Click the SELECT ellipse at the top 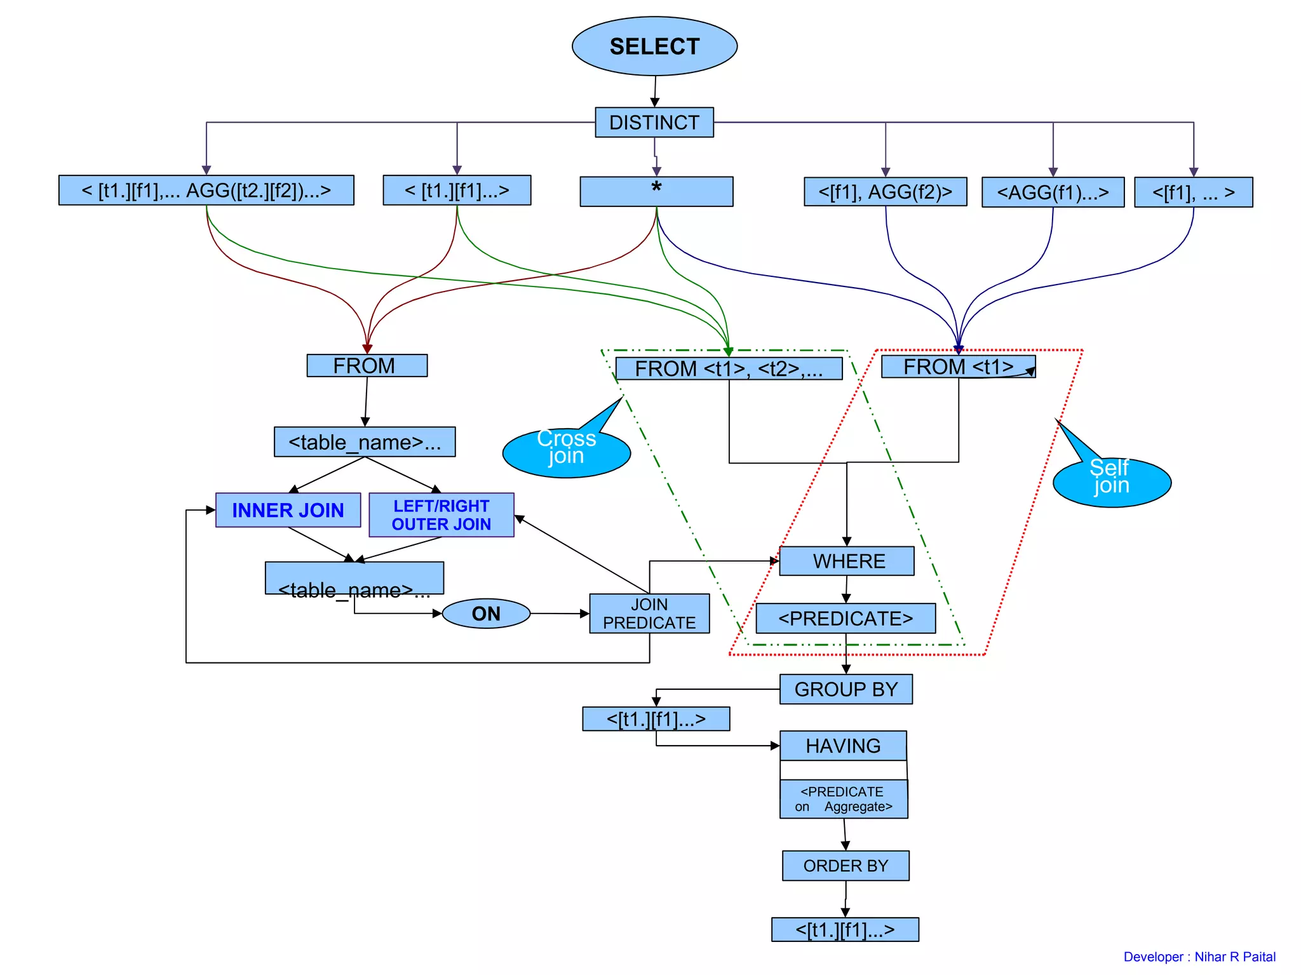tap(654, 46)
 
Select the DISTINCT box tap(654, 122)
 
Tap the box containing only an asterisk tap(656, 191)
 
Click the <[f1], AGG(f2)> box tap(885, 192)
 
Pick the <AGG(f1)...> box tap(1053, 192)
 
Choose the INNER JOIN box tap(288, 510)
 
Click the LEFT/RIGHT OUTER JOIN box tap(442, 515)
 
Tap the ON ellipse tap(486, 614)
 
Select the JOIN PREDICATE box tap(649, 614)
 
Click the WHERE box tap(847, 561)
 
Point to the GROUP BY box tap(846, 689)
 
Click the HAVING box tap(843, 746)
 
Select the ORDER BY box tap(846, 866)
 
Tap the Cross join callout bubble tap(566, 452)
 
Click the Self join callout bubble tap(1112, 482)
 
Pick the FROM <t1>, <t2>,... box tap(729, 368)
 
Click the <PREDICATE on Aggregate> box tap(844, 799)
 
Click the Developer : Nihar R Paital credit tap(1199, 957)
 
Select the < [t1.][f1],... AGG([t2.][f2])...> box tap(206, 190)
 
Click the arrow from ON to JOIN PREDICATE tap(559, 614)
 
